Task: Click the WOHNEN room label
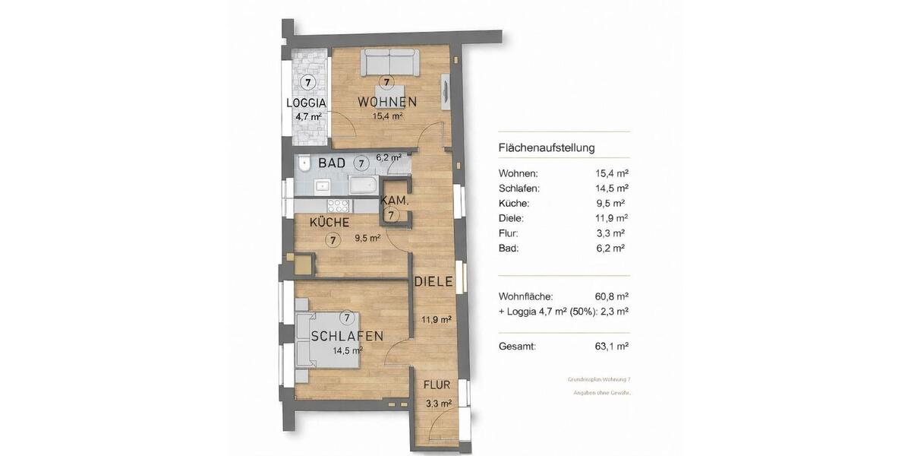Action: tap(387, 102)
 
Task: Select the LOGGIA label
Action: tap(306, 103)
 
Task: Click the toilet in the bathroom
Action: tap(304, 163)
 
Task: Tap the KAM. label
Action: tap(396, 201)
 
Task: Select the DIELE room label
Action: tap(433, 281)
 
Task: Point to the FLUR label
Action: tap(438, 385)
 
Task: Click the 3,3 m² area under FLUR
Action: tap(439, 404)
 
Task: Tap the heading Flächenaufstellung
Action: tap(547, 147)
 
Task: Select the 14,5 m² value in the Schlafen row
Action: tap(612, 188)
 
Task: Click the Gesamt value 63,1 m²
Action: tap(612, 346)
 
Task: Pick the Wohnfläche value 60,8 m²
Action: tap(612, 296)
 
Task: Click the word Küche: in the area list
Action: tap(514, 203)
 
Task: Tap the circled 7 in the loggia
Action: tap(307, 82)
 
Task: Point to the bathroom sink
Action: tap(322, 185)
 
